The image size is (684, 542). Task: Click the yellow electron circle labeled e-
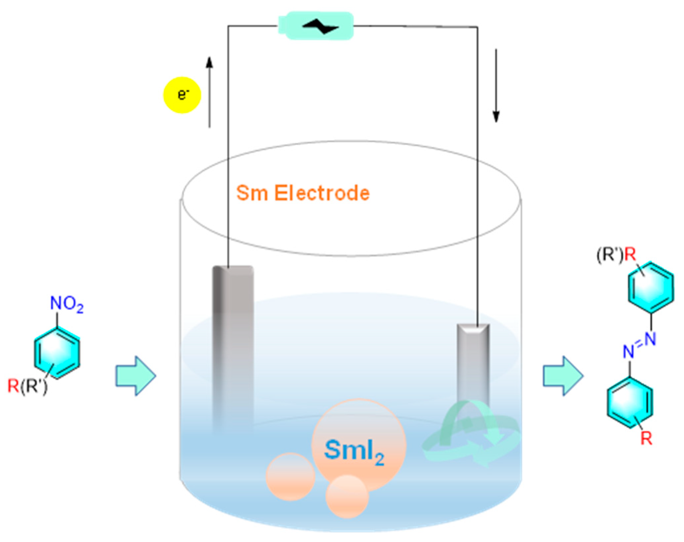coord(182,95)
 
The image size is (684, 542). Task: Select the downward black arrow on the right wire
coord(496,86)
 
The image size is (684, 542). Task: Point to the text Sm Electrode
coord(303,193)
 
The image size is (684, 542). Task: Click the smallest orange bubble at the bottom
coord(347,497)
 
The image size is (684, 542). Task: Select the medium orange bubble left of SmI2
coord(290,477)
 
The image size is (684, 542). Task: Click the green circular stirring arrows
coord(471,435)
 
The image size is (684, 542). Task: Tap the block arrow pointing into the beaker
coord(136,376)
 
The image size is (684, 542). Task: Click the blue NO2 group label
coord(67,304)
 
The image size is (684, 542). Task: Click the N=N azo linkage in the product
coord(639,345)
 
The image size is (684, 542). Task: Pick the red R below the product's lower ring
coord(647,439)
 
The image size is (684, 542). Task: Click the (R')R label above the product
coord(616,255)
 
